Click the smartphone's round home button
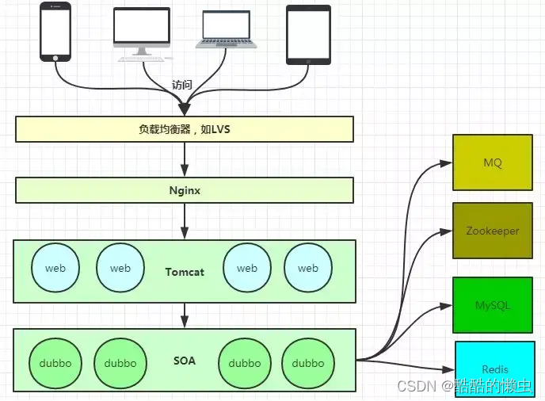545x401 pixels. (55, 58)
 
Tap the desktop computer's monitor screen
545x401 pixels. (142, 25)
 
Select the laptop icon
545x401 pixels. (227, 29)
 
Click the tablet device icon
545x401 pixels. (308, 35)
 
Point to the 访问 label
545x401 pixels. (181, 85)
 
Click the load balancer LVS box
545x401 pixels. (185, 129)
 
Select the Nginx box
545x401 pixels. (185, 190)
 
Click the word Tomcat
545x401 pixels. (185, 272)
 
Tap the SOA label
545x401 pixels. (185, 361)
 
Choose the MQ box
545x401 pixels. (493, 162)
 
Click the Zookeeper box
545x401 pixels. (493, 231)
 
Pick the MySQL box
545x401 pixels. (493, 305)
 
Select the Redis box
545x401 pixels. (495, 369)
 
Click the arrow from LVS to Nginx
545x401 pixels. (185, 159)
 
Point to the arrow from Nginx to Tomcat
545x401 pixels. (185, 221)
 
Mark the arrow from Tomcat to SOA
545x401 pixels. (185, 315)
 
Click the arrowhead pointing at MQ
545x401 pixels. (446, 163)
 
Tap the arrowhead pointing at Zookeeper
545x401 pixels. (446, 231)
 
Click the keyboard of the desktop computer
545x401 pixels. (141, 59)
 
